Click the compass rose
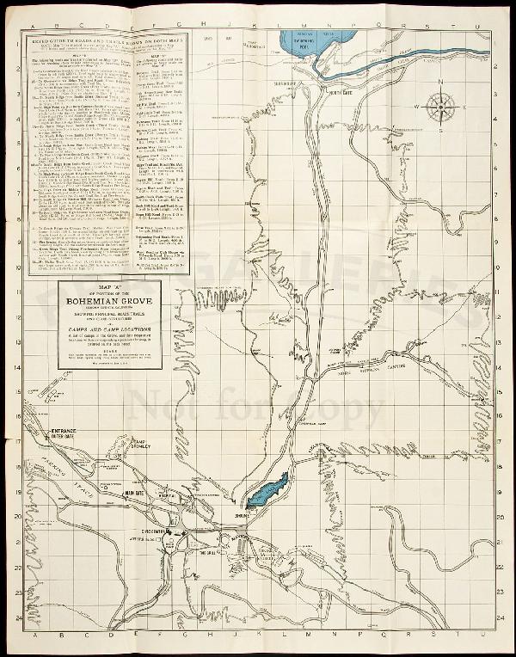(x=443, y=107)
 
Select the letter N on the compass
(x=443, y=83)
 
